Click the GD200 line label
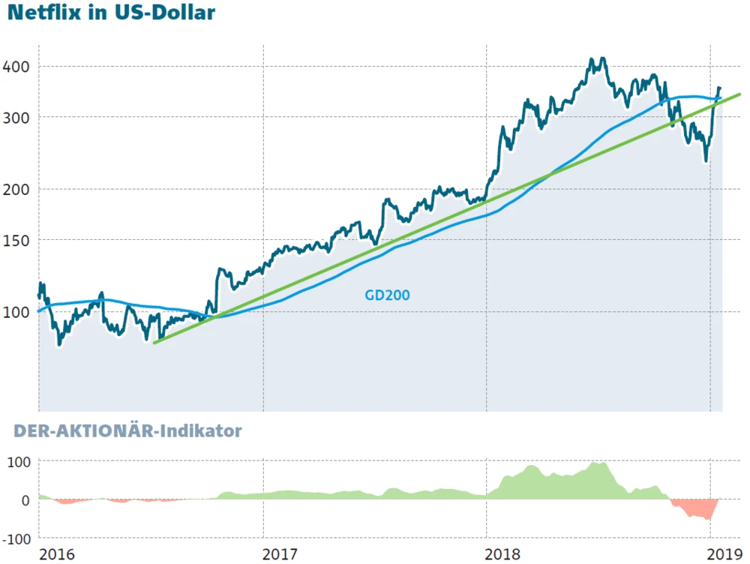point(387,295)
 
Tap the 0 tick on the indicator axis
point(25,500)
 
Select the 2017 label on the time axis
point(280,554)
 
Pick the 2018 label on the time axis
point(504,554)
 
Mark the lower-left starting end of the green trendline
point(154,343)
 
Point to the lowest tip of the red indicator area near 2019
point(709,519)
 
